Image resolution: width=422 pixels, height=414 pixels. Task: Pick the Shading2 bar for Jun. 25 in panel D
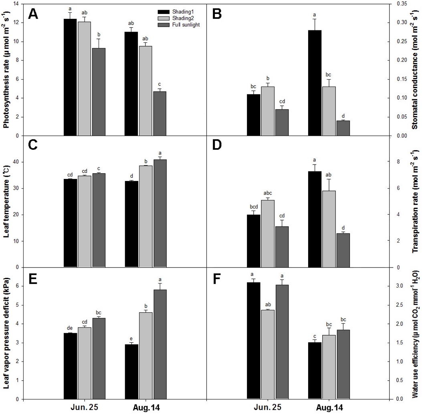pyautogui.click(x=268, y=233)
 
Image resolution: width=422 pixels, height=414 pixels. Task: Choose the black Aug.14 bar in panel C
pyautogui.click(x=132, y=224)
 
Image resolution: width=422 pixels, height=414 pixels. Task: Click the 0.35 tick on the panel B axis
pyautogui.click(x=402, y=4)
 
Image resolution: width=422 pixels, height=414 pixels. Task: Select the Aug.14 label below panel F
pyautogui.click(x=328, y=408)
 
